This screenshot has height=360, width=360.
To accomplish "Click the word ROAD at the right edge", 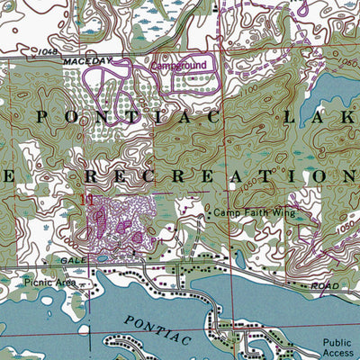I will [323, 285].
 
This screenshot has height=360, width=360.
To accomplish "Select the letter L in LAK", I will [290, 117].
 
